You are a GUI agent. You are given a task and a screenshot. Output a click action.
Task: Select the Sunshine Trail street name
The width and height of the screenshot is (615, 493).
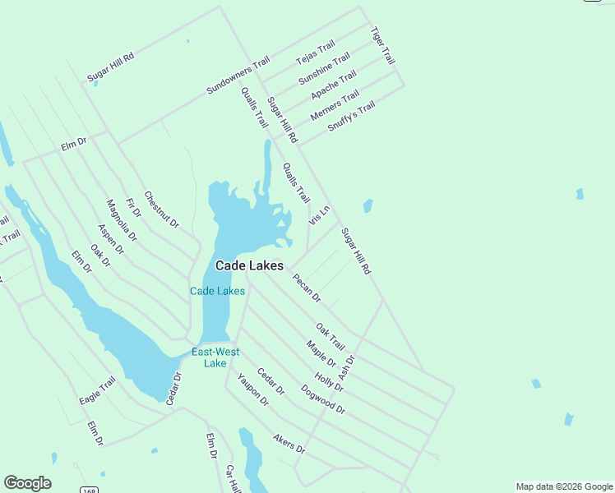pyautogui.click(x=324, y=68)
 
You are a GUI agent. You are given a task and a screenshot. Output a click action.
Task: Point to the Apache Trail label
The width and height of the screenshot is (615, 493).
pyautogui.click(x=333, y=85)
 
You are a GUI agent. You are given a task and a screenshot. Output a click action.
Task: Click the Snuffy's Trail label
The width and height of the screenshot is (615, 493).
pyautogui.click(x=351, y=116)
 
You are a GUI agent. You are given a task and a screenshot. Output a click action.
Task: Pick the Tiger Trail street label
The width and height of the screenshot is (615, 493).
pyautogui.click(x=382, y=46)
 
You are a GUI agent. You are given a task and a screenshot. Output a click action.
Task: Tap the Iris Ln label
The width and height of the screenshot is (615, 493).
pyautogui.click(x=319, y=215)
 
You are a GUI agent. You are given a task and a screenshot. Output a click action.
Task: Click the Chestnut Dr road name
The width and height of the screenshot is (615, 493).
pyautogui.click(x=161, y=210)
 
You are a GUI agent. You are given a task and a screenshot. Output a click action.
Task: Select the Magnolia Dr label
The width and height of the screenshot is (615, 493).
pyautogui.click(x=122, y=220)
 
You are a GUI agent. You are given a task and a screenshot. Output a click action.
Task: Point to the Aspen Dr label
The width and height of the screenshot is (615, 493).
pyautogui.click(x=110, y=238)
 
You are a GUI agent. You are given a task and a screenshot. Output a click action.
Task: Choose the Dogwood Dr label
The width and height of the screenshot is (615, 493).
pyautogui.click(x=323, y=399)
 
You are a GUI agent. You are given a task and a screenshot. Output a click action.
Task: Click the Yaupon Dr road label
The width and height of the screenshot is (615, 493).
pyautogui.click(x=253, y=389)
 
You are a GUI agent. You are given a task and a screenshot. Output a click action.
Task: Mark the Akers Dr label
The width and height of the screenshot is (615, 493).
pyautogui.click(x=289, y=445)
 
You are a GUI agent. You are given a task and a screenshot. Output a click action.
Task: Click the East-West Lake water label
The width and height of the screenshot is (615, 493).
pyautogui.click(x=215, y=357)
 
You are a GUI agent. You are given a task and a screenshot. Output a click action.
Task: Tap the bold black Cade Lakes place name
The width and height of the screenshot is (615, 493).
pyautogui.click(x=249, y=265)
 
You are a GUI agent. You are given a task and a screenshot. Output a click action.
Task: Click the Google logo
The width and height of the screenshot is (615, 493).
pyautogui.click(x=27, y=483)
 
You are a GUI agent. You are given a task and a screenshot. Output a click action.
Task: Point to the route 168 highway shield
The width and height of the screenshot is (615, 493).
pyautogui.click(x=89, y=490)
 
